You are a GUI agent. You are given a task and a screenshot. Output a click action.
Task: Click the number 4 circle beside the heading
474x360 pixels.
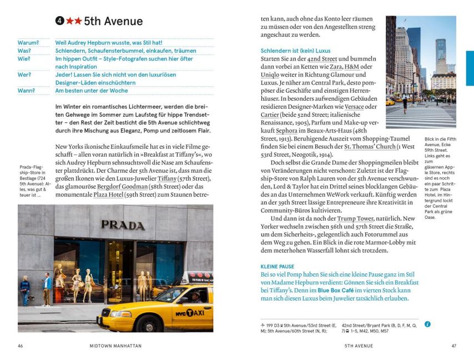pos(59,22)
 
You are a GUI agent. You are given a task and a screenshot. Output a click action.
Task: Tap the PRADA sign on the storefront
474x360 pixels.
pos(123,225)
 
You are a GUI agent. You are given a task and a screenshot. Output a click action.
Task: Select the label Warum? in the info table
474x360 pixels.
pos(28,42)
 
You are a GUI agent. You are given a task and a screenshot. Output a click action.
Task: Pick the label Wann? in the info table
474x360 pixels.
pos(26,91)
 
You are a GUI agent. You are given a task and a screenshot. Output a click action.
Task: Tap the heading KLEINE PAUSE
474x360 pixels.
pos(278,267)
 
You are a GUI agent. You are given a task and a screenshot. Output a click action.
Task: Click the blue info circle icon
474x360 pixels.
pos(427,324)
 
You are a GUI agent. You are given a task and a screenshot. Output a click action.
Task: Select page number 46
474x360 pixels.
pos(21,346)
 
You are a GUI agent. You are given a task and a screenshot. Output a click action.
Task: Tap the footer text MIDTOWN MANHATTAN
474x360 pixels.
pos(115,346)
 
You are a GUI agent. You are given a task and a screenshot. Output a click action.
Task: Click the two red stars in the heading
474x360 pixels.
pos(74,22)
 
